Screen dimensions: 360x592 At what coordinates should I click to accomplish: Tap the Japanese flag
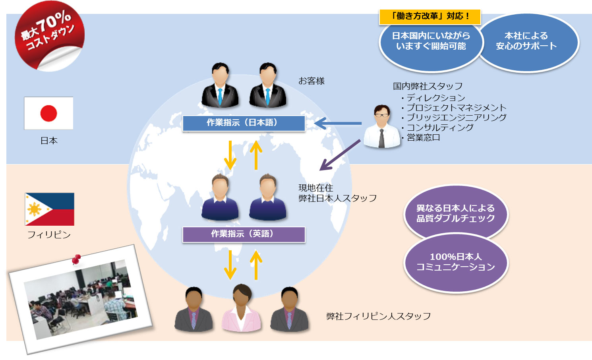pos(48,113)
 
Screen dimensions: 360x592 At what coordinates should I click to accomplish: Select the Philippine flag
pos(50,209)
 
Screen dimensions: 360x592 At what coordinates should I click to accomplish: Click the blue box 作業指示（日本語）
pos(244,123)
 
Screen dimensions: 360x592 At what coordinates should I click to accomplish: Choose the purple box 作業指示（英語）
pos(244,234)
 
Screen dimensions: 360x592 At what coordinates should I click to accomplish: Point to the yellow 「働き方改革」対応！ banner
pos(430,16)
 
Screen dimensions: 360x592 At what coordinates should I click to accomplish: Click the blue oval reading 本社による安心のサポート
pos(526,42)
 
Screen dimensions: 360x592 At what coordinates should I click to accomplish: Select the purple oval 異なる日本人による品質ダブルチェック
pos(455,213)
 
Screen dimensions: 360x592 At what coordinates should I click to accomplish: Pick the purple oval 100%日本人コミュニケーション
pos(455,262)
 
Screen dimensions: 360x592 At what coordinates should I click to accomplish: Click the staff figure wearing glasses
pos(382,126)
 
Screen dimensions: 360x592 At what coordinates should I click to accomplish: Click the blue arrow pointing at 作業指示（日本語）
pos(338,124)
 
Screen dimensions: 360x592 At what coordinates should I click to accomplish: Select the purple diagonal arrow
pos(340,155)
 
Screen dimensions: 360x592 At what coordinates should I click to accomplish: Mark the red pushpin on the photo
pos(76,259)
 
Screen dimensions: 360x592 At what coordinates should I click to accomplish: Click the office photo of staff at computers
pos(81,300)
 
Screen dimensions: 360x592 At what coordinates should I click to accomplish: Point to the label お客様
pos(311,81)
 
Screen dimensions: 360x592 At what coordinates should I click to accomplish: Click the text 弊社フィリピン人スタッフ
pos(378,316)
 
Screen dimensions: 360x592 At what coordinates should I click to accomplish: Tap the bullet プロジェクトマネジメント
pos(456,108)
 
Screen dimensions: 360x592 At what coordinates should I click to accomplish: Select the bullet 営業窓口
pos(423,137)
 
